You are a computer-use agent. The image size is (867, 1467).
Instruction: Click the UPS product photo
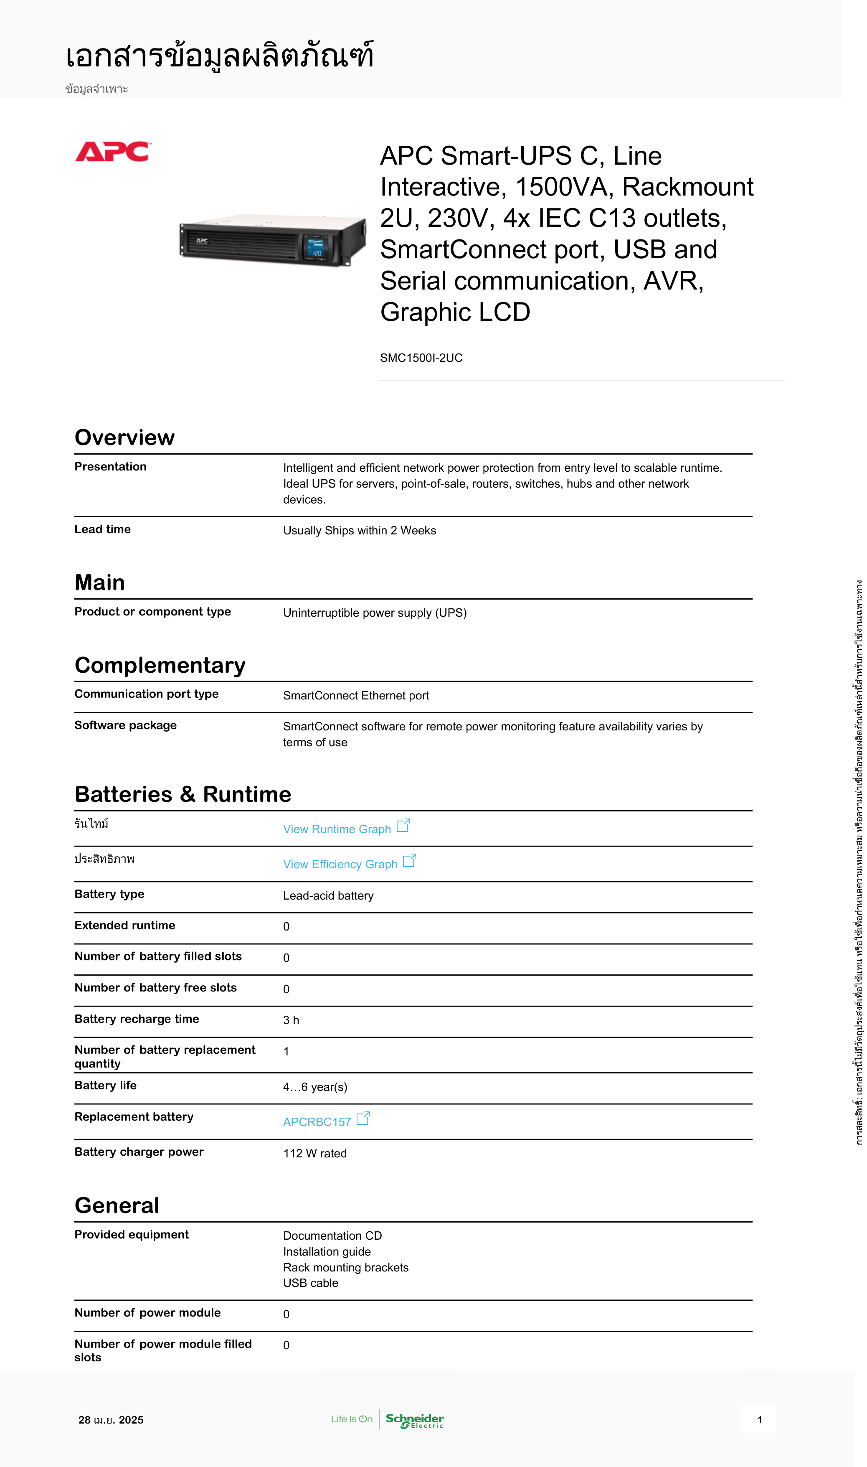272,240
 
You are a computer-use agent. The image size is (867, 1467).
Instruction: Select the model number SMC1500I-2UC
421,358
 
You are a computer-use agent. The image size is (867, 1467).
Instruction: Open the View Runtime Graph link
337,829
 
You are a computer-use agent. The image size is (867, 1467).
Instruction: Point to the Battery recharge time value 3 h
291,1020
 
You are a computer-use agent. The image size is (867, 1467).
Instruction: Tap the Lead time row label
102,529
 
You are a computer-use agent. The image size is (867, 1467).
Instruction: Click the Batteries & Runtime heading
183,794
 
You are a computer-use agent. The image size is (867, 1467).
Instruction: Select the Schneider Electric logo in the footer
415,1420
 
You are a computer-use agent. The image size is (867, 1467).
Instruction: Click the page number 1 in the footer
759,1420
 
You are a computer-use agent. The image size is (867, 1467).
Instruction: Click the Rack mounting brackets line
346,1267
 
